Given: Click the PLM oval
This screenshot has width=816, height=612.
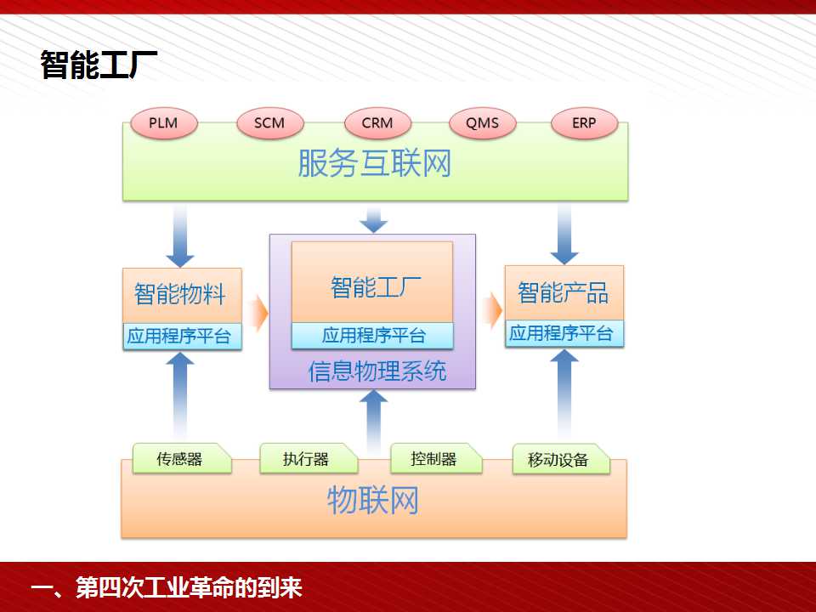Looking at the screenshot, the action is point(164,123).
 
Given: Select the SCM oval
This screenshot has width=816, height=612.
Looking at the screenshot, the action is point(269,123).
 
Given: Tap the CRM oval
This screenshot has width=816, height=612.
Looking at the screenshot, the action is point(377,123).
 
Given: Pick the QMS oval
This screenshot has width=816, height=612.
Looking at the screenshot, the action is point(483,123).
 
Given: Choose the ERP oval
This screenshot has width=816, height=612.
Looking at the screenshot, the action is point(585,123).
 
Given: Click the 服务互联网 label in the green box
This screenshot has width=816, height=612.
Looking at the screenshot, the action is point(374,163).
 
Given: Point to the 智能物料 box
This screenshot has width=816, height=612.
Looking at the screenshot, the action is point(182,296).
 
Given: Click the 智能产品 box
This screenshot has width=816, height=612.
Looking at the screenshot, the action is point(564,293).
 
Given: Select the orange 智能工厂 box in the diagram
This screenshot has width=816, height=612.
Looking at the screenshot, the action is point(372,282).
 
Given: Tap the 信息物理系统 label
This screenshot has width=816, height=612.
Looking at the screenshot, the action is point(377,371).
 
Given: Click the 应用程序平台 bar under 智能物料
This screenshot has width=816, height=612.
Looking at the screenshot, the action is point(182,337).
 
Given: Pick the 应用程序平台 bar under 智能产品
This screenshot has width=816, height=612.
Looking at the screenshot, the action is point(564,333).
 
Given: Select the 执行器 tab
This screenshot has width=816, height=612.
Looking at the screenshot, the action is point(309,458).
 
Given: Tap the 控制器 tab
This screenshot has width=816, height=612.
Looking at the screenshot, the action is point(436,458).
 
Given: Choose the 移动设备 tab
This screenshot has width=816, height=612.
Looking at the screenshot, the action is point(560,459).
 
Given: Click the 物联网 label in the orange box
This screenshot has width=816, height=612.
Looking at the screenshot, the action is point(372,501).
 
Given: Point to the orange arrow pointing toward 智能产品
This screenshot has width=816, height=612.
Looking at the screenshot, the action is point(492,311).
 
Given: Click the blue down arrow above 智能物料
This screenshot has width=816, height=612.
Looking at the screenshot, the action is point(180,235).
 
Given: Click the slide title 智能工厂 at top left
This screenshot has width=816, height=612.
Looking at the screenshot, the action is point(99,65).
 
